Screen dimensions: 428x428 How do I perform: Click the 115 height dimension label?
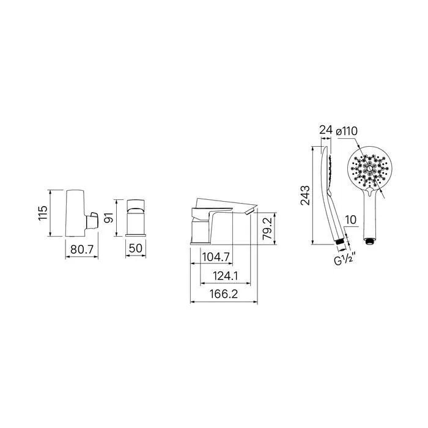[x=43, y=213]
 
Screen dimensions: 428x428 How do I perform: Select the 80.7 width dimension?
[x=82, y=249]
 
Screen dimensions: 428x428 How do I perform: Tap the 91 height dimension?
[x=109, y=218]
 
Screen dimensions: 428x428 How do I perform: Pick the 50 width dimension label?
[x=136, y=248]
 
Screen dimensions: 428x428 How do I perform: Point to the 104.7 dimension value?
[x=216, y=257]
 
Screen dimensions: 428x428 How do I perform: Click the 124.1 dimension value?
[x=226, y=276]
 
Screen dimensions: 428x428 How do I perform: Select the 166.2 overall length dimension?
[x=224, y=294]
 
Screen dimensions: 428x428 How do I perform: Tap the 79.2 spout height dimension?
[x=267, y=229]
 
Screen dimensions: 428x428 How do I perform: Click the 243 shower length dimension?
[x=305, y=196]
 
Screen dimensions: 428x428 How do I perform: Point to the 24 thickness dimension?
[x=326, y=130]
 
